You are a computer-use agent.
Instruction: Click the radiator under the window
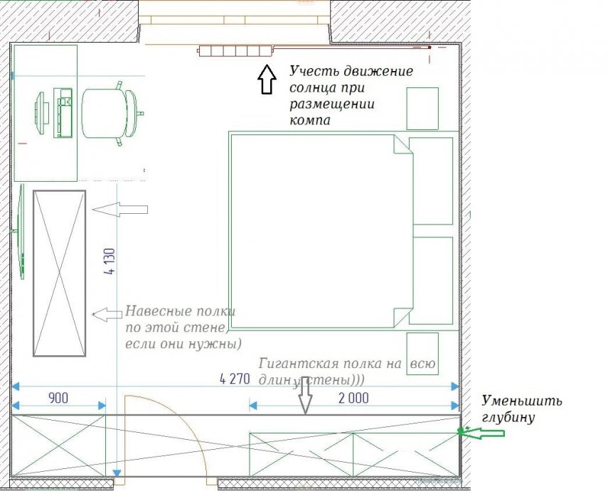[x=236, y=50]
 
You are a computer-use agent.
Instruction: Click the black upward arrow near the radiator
[x=266, y=79]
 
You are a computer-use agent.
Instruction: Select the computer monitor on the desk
[x=42, y=113]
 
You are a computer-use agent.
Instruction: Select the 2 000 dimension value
[x=353, y=398]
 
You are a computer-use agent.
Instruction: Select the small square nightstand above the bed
[x=422, y=108]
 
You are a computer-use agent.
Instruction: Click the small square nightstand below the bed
[x=422, y=353]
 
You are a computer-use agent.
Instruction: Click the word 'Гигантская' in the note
[x=294, y=362]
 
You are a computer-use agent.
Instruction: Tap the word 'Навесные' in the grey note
[x=152, y=312]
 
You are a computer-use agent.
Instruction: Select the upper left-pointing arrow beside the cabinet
[x=121, y=210]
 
